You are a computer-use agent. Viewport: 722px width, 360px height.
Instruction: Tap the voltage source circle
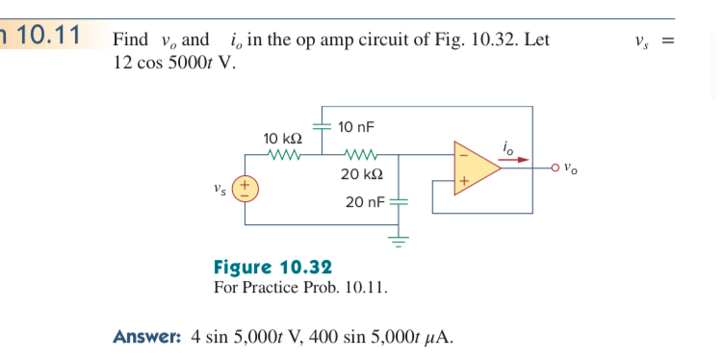[245, 189]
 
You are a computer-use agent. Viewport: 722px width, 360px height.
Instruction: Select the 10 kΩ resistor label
[283, 139]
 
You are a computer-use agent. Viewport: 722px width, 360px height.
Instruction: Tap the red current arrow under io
[516, 159]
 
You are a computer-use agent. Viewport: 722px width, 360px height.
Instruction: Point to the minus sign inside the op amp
[462, 153]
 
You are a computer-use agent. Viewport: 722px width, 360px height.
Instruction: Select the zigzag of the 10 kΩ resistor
[286, 154]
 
